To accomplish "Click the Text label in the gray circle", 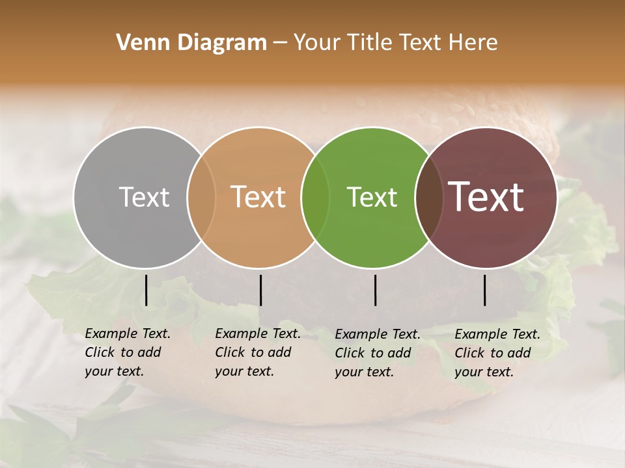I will pyautogui.click(x=144, y=197).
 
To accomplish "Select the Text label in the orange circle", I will pyautogui.click(x=258, y=197).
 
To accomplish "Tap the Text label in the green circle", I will pyautogui.click(x=372, y=197).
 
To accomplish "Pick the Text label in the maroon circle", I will pyautogui.click(x=486, y=197).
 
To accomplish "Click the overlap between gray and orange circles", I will pyautogui.click(x=201, y=197).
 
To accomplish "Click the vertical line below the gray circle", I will pyautogui.click(x=146, y=290).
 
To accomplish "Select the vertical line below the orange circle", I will pyautogui.click(x=260, y=290).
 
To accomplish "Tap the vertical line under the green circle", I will pyautogui.click(x=375, y=290).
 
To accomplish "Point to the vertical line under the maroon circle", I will pyautogui.click(x=484, y=290).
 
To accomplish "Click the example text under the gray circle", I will pyautogui.click(x=128, y=352).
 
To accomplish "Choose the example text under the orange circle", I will pyautogui.click(x=258, y=352).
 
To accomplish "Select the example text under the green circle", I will pyautogui.click(x=378, y=353).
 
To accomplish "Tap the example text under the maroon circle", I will pyautogui.click(x=497, y=353).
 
